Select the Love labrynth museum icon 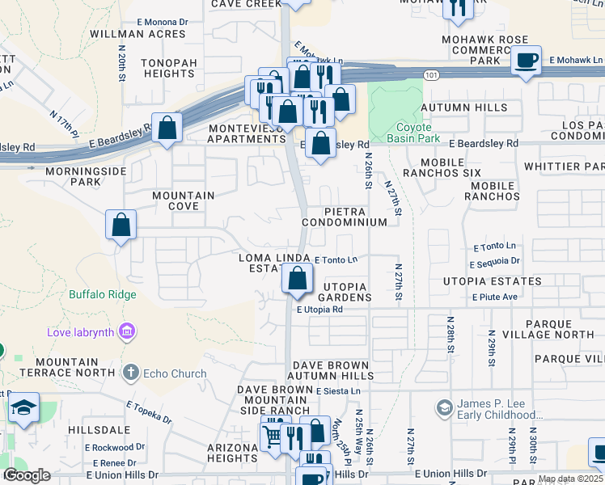126,331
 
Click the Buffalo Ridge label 103,294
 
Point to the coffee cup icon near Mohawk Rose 527,60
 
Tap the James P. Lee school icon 443,407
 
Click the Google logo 27,475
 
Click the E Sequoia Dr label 495,261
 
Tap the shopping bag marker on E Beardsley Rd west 167,129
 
